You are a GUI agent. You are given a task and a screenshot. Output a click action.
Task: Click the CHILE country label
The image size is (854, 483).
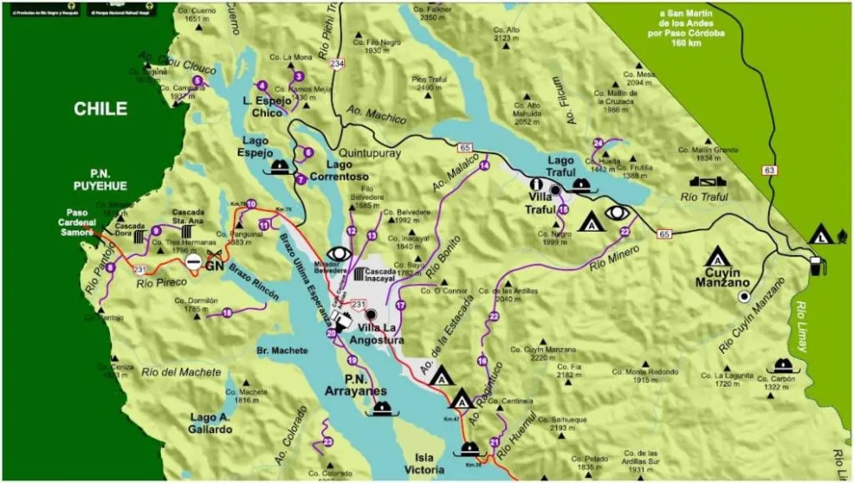(x=100, y=109)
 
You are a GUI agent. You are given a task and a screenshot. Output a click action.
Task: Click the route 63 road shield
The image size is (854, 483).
(x=770, y=170)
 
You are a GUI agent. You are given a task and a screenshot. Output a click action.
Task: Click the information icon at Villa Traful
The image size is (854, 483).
(x=535, y=183)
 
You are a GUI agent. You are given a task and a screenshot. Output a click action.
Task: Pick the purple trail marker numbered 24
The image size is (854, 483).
(x=597, y=143)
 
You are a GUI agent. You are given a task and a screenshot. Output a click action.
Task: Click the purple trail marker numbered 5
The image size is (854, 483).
(x=197, y=81)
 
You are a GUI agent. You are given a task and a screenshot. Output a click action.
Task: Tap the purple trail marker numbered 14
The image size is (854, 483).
(x=484, y=165)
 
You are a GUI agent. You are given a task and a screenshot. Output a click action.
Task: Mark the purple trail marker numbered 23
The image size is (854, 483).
(x=328, y=442)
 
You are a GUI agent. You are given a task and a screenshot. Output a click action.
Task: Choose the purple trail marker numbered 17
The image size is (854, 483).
(x=400, y=305)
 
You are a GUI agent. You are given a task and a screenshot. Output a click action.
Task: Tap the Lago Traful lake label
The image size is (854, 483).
(x=560, y=166)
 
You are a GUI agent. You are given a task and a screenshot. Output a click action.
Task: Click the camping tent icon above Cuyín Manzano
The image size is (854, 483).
(x=717, y=256)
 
